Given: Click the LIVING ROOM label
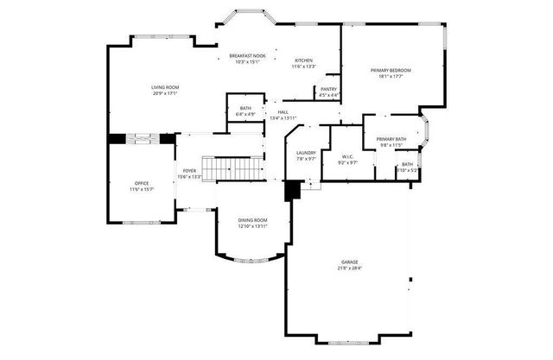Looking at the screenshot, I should click(x=164, y=87).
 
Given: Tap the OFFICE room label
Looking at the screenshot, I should click(x=141, y=183).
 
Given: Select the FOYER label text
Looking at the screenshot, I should click(x=188, y=171).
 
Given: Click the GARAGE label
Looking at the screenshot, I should click(x=351, y=261).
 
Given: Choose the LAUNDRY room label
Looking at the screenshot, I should click(x=307, y=153).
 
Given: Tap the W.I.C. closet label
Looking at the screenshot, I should click(x=347, y=157).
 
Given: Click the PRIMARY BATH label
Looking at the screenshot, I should click(x=391, y=139).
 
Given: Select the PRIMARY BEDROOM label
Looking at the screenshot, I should click(x=391, y=70).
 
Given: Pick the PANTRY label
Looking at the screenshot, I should click(x=329, y=89).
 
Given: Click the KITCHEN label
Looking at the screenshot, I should click(x=303, y=60).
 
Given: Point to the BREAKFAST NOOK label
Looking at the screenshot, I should click(x=247, y=55).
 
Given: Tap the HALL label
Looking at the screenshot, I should click(x=283, y=111).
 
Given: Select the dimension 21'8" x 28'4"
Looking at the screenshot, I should click(x=351, y=268).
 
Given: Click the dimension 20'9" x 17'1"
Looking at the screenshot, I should click(x=164, y=93).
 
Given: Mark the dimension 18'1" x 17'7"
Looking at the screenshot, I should click(x=391, y=77).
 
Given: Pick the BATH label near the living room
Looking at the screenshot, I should click(x=245, y=108).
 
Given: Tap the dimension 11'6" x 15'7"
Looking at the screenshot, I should click(x=141, y=189).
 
